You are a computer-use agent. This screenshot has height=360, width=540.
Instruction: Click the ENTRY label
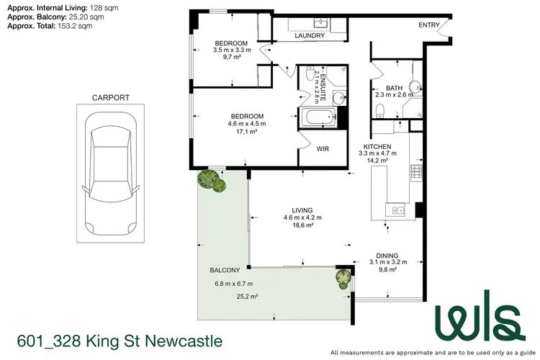click(429, 25)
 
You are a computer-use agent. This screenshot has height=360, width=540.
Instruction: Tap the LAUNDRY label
click(310, 35)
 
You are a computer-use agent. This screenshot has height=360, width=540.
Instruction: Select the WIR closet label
click(323, 150)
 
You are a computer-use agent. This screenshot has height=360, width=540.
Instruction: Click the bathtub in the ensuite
click(318, 117)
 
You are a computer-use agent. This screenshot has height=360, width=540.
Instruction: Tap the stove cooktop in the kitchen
click(415, 173)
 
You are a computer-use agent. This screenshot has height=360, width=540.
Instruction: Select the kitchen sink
click(395, 210)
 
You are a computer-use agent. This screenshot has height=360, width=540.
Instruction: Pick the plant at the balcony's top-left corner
click(214, 181)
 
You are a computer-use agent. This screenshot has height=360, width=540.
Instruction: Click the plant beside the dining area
click(342, 277)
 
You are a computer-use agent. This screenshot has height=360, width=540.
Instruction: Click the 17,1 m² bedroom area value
click(247, 132)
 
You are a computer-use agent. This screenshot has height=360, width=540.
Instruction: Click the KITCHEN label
click(377, 145)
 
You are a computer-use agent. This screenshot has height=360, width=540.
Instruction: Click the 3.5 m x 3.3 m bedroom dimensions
click(232, 50)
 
